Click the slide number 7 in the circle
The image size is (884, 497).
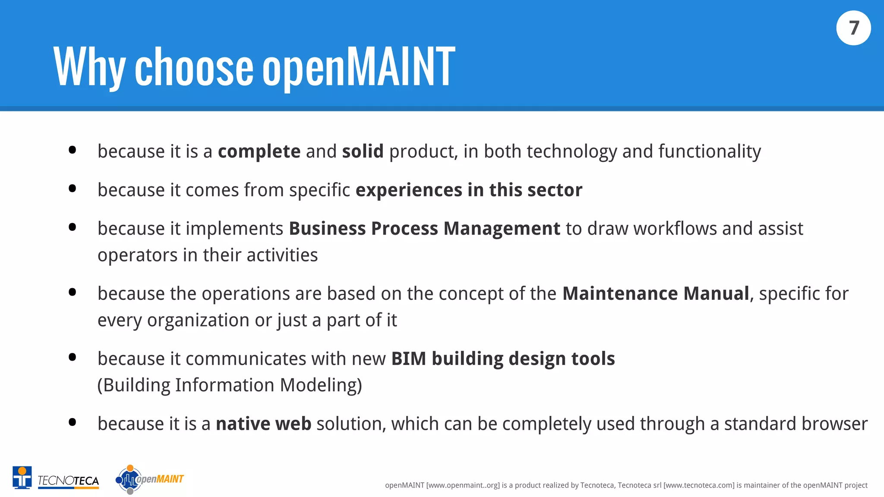(x=853, y=28)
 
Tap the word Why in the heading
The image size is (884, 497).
(x=89, y=67)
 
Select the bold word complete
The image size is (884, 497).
(x=259, y=151)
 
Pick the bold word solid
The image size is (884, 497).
(x=363, y=151)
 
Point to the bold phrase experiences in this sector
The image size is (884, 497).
(x=469, y=190)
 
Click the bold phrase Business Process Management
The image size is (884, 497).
(x=424, y=229)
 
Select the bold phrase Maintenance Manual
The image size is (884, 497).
(x=656, y=294)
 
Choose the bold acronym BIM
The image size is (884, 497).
(x=408, y=359)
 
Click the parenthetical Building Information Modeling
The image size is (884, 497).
(x=230, y=385)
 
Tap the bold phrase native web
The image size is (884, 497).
(x=263, y=424)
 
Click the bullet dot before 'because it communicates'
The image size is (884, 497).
(x=73, y=357)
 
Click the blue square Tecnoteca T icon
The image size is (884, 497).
(x=22, y=478)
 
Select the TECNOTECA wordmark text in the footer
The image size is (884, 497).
(x=68, y=481)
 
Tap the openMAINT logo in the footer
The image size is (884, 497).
(x=149, y=479)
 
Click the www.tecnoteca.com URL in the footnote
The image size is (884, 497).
(x=698, y=485)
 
